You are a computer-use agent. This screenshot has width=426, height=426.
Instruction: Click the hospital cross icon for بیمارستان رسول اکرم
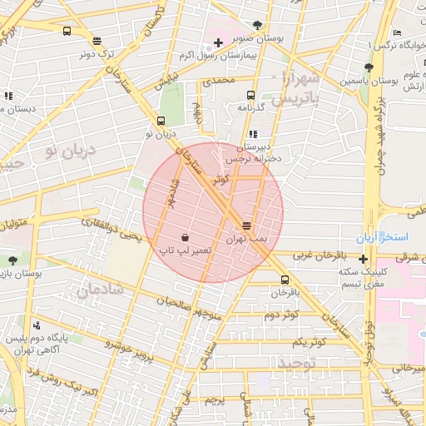pos(218,42)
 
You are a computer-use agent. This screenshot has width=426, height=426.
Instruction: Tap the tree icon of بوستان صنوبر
pos(257,25)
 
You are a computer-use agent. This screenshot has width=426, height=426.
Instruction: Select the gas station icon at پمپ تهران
pos(246,225)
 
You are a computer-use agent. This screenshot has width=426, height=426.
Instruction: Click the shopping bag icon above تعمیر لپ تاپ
pos(184,237)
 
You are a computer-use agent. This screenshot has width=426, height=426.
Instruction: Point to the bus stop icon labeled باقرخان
pos(285,280)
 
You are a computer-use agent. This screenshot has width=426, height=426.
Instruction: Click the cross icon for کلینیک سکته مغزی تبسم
pos(363,259)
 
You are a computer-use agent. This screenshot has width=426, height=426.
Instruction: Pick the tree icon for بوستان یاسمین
pos(369,67)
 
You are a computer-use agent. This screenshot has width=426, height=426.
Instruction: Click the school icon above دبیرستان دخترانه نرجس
pos(253,133)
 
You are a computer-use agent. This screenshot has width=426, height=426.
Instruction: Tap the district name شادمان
pos(100,289)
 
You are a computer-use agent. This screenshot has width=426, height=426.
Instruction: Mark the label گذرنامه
pos(250,107)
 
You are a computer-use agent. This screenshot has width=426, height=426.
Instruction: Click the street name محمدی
pos(219,80)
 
